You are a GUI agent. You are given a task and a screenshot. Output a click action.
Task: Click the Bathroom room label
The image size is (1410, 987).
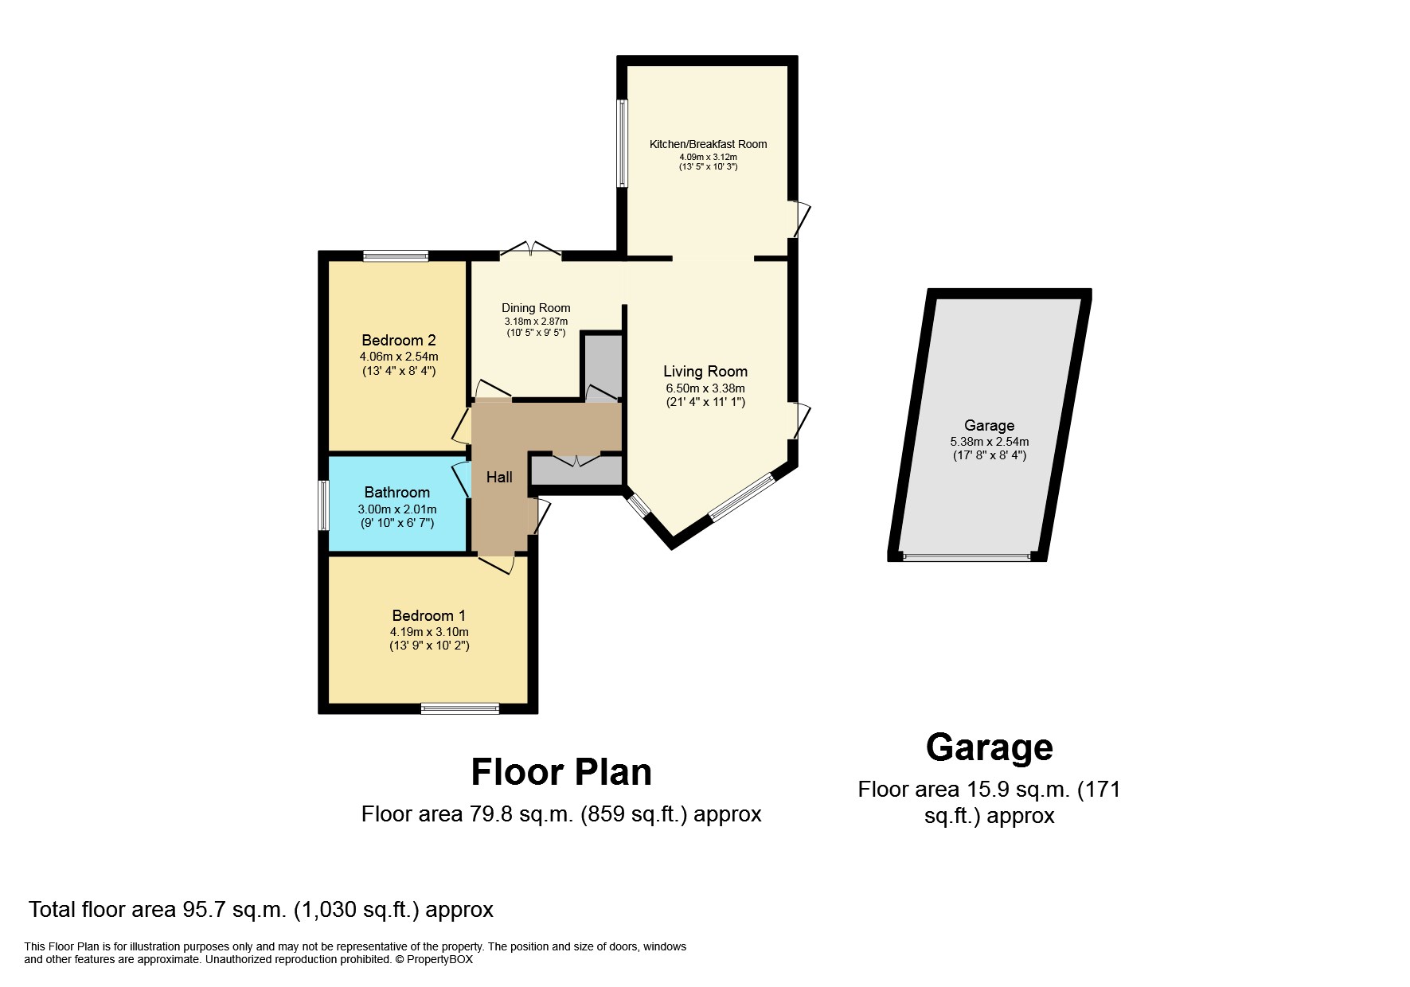pos(396,492)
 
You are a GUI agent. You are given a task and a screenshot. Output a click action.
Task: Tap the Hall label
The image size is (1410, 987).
pos(499,477)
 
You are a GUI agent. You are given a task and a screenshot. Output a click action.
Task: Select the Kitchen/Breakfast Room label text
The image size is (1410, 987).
pos(708,144)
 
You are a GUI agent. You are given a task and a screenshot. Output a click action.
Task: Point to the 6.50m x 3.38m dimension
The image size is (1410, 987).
pos(705,388)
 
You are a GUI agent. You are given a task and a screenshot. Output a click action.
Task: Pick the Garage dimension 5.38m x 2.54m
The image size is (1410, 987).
pos(989,442)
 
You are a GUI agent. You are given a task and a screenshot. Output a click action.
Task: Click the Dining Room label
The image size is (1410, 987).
pos(536,308)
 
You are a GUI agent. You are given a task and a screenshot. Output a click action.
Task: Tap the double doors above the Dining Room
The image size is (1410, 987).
pos(530,250)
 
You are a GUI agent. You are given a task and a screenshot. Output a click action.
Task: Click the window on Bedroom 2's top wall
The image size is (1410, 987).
pos(396,256)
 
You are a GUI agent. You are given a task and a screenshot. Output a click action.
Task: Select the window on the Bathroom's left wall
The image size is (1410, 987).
pos(323,505)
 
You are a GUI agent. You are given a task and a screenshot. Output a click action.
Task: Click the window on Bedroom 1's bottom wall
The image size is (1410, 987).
pos(459,708)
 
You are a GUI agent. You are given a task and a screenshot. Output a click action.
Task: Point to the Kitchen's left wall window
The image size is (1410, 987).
pos(623,143)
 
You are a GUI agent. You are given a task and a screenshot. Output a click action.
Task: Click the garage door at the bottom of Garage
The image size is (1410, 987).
pos(967,557)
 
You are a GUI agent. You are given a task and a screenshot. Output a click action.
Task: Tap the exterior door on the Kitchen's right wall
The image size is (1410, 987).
pos(799,220)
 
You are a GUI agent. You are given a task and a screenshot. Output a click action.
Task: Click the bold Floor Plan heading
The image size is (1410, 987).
pos(561,772)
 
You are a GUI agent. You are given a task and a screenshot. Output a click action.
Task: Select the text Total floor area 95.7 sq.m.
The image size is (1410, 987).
pos(157,910)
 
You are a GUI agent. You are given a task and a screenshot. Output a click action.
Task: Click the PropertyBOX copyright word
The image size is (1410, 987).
pos(439,960)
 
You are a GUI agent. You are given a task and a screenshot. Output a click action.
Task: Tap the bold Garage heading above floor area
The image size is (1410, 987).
pos(989,747)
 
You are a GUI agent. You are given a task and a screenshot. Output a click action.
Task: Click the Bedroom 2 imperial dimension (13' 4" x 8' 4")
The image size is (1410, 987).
pos(398,371)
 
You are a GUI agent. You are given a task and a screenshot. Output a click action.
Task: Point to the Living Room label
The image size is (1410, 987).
pos(705,371)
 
